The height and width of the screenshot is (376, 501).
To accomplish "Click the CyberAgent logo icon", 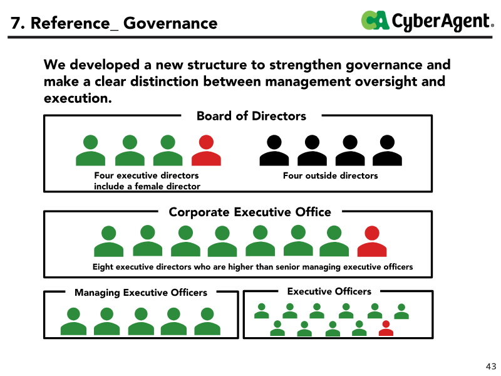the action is tap(375, 21).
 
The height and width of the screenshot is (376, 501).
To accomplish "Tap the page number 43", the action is tap(491, 367).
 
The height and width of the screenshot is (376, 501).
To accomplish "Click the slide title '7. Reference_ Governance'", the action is tap(114, 23).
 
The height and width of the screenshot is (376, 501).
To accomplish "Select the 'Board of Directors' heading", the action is tap(251, 116).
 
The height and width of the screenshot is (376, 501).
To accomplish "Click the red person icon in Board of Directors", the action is tap(206, 150).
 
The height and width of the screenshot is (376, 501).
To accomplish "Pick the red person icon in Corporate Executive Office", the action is tap(372, 241).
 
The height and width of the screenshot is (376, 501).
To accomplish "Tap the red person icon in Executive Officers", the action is tap(386, 328).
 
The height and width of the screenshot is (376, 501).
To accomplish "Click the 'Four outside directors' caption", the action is tap(331, 175).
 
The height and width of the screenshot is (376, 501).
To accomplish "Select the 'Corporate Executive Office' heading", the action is tap(250, 212).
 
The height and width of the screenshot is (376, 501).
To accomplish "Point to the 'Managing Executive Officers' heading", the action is tap(141, 293).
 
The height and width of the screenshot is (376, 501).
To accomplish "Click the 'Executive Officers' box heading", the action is tap(329, 291).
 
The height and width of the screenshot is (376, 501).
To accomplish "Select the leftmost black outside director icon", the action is tap(274, 150).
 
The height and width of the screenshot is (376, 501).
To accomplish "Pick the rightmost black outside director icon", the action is tap(387, 150).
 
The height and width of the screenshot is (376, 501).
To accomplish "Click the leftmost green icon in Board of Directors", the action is tap(90, 150).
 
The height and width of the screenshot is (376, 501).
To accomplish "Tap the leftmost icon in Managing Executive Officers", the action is tap(73, 321).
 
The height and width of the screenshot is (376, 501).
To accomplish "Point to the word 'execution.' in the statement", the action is tap(78, 98).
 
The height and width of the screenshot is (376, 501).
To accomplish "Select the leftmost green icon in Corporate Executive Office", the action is tap(108, 241).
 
